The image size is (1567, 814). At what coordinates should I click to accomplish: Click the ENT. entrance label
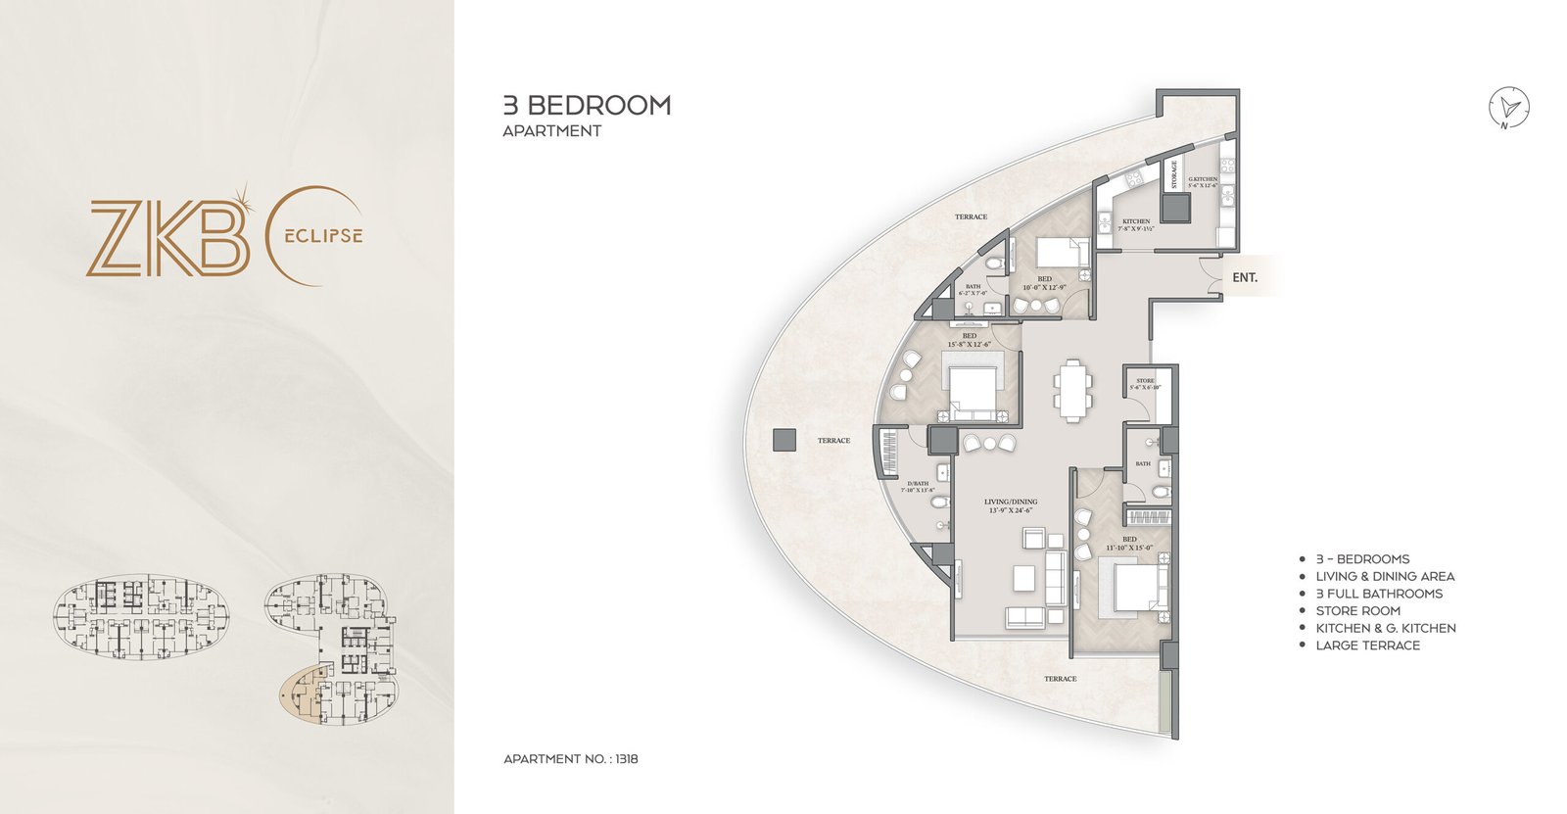[1245, 278]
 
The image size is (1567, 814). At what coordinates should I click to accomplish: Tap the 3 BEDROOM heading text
[587, 106]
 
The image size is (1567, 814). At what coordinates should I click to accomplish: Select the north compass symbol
[1508, 108]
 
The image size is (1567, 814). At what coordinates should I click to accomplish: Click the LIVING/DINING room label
[1011, 506]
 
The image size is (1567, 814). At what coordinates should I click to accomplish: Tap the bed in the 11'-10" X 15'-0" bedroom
[1131, 590]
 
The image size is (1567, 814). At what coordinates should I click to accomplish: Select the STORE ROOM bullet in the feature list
[1357, 610]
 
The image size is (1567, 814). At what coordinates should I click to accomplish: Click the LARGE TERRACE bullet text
[1367, 646]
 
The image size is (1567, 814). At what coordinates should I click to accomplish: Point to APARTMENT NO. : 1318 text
[571, 758]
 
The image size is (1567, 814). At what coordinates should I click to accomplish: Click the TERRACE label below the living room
[1060, 679]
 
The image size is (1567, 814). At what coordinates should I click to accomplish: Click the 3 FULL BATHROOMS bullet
[1379, 594]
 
